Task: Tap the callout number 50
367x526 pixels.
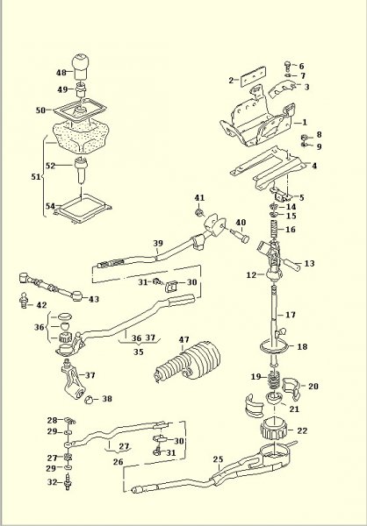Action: [40, 110]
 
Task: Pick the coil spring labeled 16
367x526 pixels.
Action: [275, 230]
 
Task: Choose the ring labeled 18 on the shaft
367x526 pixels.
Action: [275, 347]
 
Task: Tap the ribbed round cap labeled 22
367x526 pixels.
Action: [273, 429]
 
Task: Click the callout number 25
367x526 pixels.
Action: [218, 458]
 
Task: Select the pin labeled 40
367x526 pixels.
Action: [241, 235]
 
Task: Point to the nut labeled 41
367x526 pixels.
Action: [199, 212]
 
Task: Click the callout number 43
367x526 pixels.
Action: [94, 299]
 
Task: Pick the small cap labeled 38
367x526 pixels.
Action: [89, 400]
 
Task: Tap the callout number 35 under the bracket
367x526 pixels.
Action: [138, 352]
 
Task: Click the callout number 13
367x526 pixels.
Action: [309, 263]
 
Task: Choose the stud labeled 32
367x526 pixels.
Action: [68, 482]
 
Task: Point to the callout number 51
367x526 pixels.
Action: [36, 177]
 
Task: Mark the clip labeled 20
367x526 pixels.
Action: [291, 388]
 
